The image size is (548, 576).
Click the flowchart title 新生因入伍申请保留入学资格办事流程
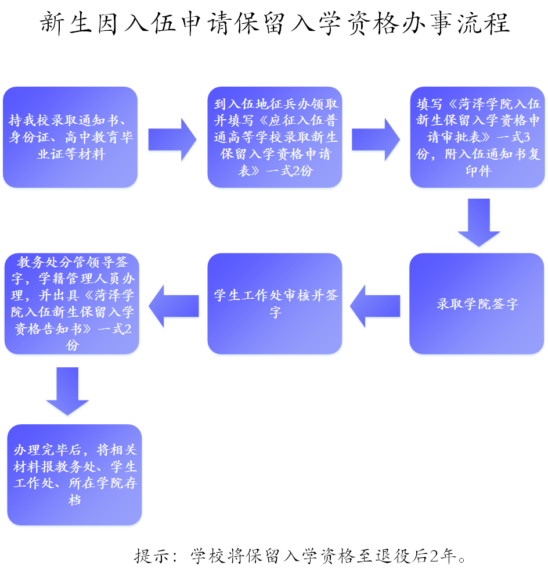tap(275, 23)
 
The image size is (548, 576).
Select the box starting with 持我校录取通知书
tap(70, 137)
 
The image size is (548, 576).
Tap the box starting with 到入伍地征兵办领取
tap(275, 137)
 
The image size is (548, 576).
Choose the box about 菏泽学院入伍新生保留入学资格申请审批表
tap(478, 137)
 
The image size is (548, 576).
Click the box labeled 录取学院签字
tap(477, 303)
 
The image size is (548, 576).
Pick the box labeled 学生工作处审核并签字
tap(275, 303)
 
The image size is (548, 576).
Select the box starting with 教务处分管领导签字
tap(72, 303)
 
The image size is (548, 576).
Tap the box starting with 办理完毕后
tap(74, 475)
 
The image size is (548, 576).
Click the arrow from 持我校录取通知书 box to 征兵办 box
tap(172, 139)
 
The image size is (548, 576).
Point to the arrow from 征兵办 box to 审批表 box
tap(376, 139)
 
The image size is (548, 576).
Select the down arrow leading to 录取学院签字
tap(479, 223)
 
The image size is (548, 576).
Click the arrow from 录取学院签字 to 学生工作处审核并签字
tap(375, 306)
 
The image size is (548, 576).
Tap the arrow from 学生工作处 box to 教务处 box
tap(174, 306)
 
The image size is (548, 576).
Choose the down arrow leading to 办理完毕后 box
tap(67, 391)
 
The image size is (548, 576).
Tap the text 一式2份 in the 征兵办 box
tap(290, 171)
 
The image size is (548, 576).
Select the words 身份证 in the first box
tap(30, 137)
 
